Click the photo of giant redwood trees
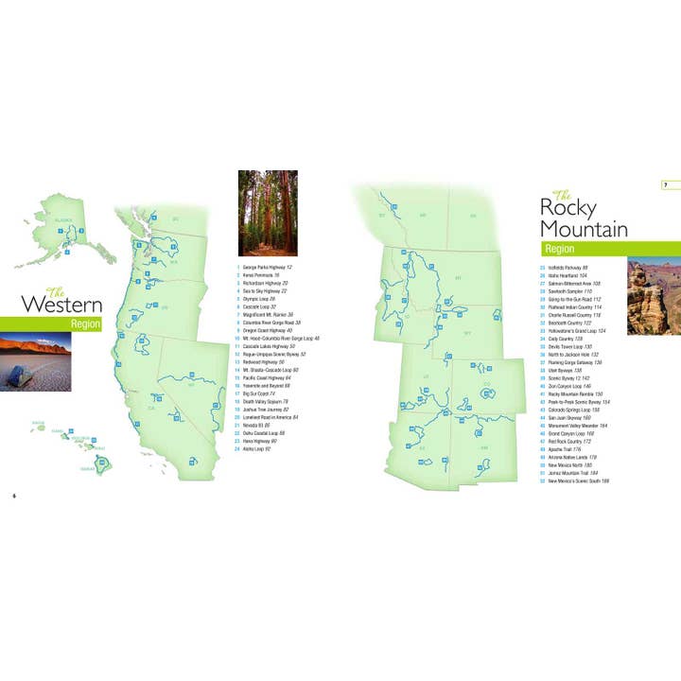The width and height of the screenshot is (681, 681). pos(268,213)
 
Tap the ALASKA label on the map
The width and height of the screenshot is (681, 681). pos(63,218)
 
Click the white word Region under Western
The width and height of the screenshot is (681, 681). pos(85,323)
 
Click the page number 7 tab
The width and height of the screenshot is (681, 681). pos(666,183)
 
